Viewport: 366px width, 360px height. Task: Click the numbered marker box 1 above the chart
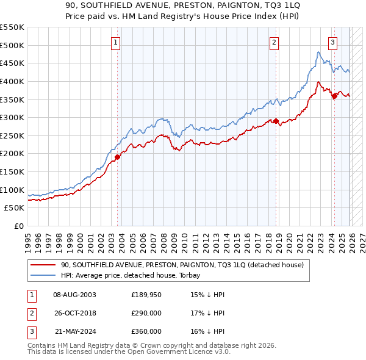tap(116, 42)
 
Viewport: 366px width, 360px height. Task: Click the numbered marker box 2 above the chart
tap(274, 42)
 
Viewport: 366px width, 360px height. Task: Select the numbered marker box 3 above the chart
tap(332, 42)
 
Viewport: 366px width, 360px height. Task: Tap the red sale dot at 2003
tap(118, 157)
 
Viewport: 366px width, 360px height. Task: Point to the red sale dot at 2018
tap(276, 121)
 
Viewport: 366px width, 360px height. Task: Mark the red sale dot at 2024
tap(334, 95)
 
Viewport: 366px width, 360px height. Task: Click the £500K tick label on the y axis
tap(12, 45)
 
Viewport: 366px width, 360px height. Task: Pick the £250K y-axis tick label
tap(12, 135)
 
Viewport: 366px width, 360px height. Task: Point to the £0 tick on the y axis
tap(18, 226)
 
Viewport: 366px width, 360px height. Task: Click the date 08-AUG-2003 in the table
tap(74, 295)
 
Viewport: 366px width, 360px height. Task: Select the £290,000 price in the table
tap(146, 313)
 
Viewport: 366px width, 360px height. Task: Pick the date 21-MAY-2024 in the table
tap(74, 331)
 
